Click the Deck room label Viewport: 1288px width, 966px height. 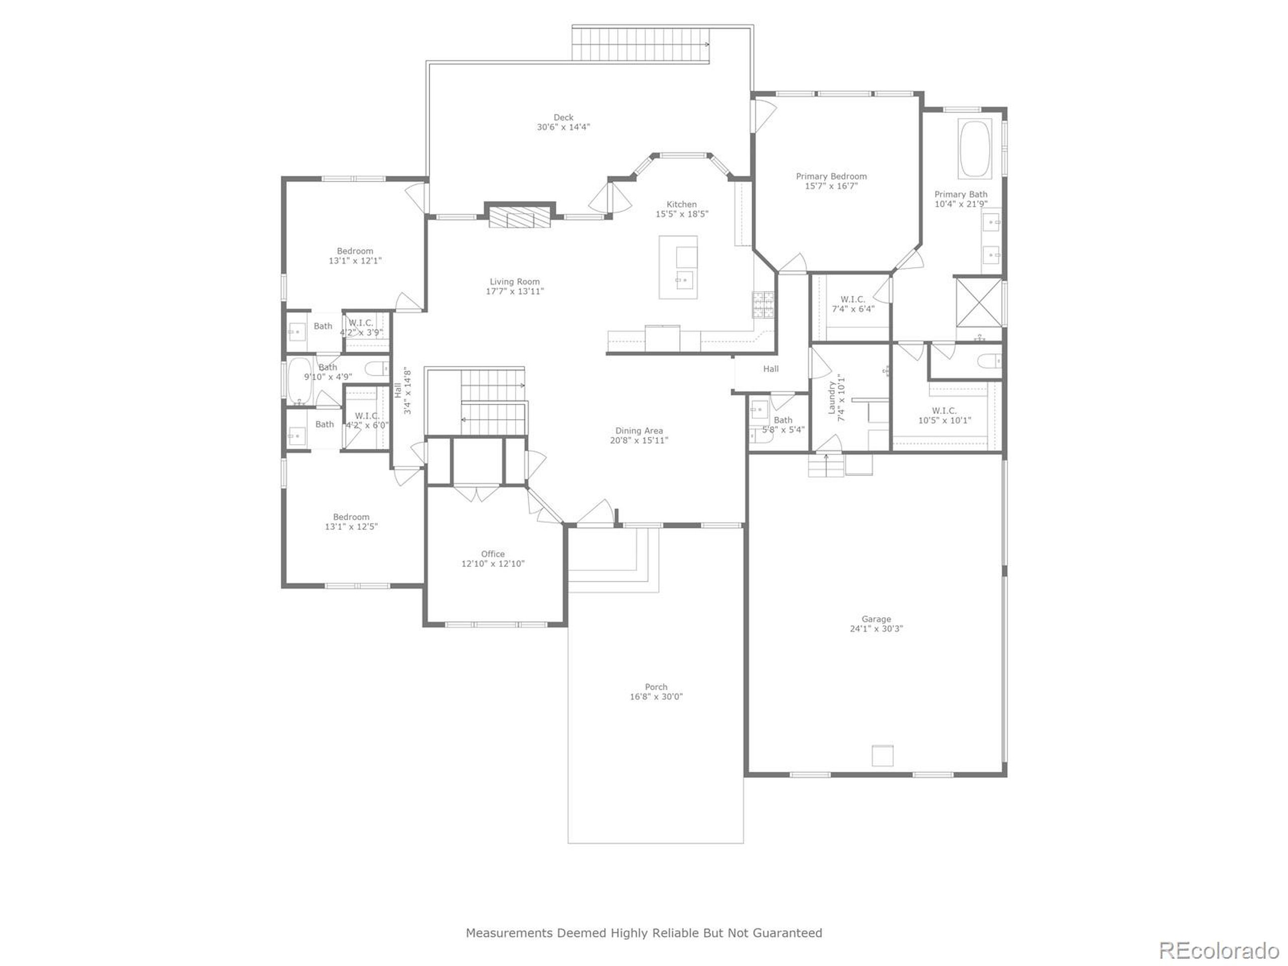pos(563,118)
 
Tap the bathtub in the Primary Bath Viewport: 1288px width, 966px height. pos(974,149)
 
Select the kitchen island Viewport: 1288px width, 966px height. pos(678,268)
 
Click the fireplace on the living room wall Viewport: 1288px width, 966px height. pos(519,218)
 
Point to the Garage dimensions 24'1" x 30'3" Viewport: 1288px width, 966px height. pos(876,629)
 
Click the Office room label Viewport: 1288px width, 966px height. pos(493,554)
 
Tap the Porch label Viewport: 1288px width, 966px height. pos(656,687)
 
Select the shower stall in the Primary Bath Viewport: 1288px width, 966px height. pos(979,302)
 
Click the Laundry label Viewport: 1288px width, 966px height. pos(832,397)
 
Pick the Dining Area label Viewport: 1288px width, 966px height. pos(639,431)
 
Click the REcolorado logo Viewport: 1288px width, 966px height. pos(1219,950)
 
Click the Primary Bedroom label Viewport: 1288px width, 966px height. pos(831,177)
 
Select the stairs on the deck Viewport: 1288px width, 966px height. pos(640,44)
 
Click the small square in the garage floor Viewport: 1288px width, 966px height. pos(882,755)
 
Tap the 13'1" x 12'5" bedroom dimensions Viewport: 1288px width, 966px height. pos(351,526)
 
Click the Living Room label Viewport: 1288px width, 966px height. pos(514,282)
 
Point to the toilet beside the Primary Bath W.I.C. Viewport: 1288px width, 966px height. pos(989,362)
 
